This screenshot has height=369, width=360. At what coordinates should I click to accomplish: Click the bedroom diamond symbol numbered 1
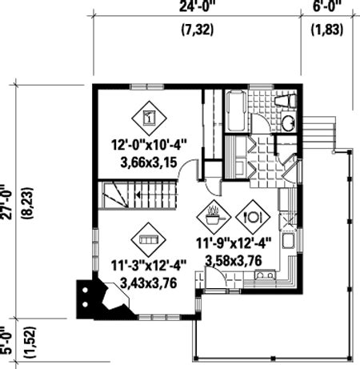coord(149,118)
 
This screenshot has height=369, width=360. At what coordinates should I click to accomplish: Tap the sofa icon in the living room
coord(149,239)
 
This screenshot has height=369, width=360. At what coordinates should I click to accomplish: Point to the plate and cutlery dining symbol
coord(253,217)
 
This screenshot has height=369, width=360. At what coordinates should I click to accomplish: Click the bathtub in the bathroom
coord(235,110)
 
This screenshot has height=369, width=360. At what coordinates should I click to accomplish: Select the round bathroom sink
coord(288,123)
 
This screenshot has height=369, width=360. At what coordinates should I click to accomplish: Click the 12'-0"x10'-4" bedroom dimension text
coord(149,146)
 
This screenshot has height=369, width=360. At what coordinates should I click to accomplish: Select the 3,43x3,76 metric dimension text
coord(149,283)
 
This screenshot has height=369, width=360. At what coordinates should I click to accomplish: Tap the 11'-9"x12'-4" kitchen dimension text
coord(234,243)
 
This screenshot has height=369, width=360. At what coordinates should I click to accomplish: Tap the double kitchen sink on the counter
coord(265,275)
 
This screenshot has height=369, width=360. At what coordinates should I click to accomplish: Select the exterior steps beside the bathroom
coord(319,134)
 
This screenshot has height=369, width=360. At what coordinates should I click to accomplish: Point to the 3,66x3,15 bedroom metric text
coord(149,162)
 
